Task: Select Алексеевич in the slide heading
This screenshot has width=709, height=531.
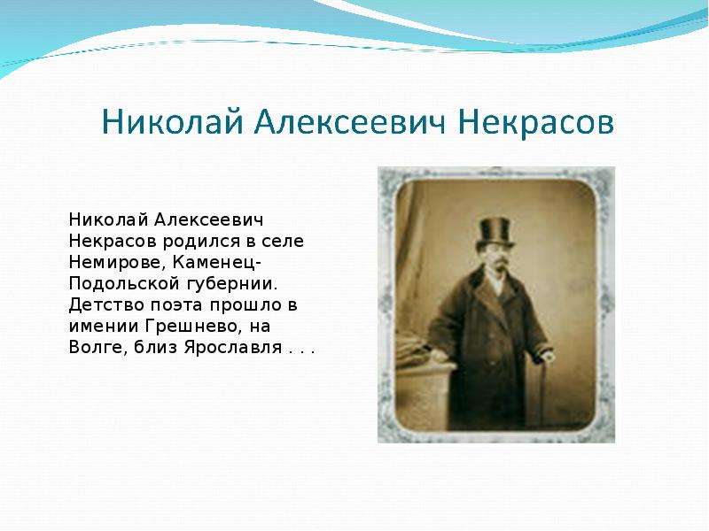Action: pyautogui.click(x=350, y=122)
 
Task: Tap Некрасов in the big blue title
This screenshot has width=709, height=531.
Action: pyautogui.click(x=536, y=122)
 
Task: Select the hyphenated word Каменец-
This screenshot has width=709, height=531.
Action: pyautogui.click(x=217, y=262)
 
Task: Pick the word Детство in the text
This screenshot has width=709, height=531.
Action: pyautogui.click(x=106, y=305)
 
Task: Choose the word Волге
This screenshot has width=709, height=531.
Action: pyautogui.click(x=98, y=348)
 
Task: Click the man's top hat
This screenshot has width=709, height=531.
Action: pyautogui.click(x=495, y=233)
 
